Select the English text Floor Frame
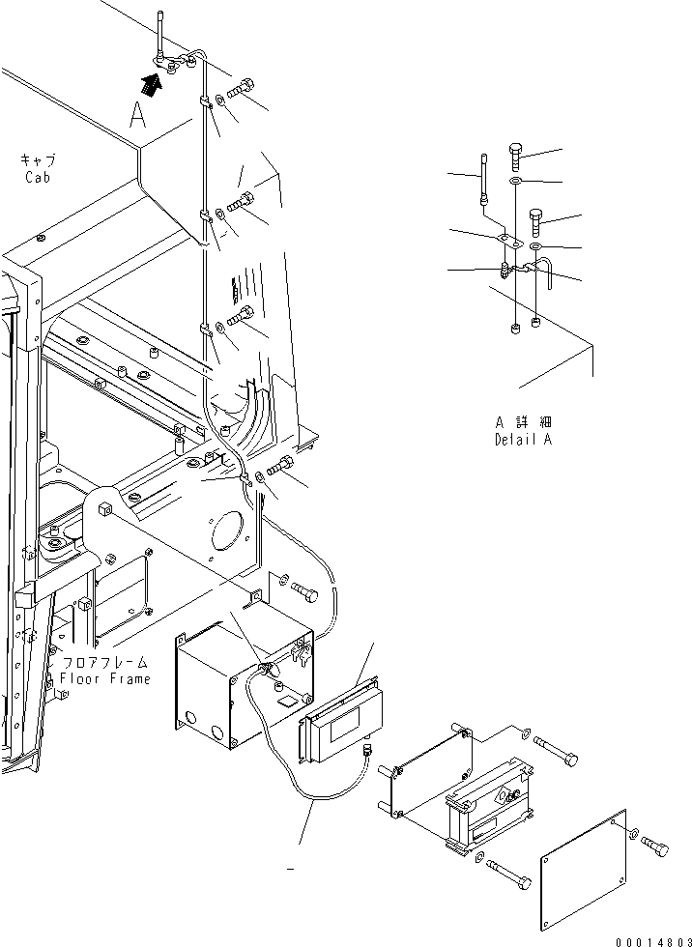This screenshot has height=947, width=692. click(x=105, y=678)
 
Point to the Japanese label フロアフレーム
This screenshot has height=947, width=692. click(x=105, y=663)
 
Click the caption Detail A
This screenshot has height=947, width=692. click(x=525, y=440)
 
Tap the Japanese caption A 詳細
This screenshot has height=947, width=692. click(x=525, y=422)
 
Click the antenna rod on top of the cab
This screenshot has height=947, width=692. click(x=158, y=35)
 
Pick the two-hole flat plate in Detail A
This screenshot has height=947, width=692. click(x=508, y=242)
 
